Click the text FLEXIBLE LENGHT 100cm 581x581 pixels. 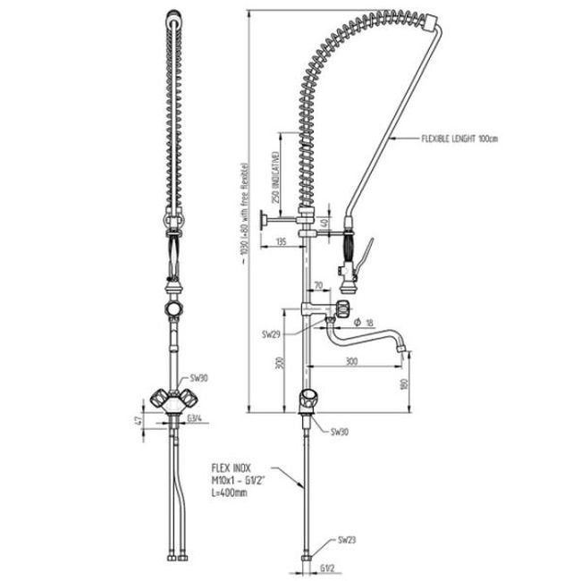click(459, 139)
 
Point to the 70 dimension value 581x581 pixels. click(319, 287)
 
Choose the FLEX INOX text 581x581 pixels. click(232, 467)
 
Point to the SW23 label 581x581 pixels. click(346, 541)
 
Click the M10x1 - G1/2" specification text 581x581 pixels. click(237, 481)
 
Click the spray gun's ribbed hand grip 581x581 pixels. click(350, 242)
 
